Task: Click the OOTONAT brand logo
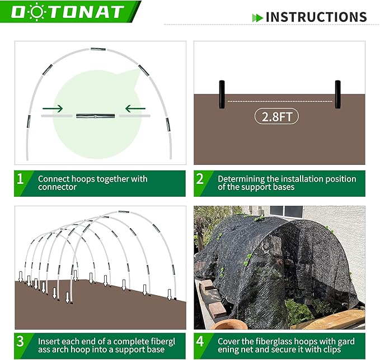point(70,12)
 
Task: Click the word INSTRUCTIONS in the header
point(316,17)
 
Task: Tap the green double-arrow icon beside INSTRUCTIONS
point(257,17)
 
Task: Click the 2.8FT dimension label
point(276,116)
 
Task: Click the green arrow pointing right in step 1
point(53,108)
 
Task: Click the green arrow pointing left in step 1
point(135,108)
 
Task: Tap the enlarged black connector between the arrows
point(95,116)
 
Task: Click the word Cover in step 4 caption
point(229,340)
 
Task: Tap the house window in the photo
point(285,211)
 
